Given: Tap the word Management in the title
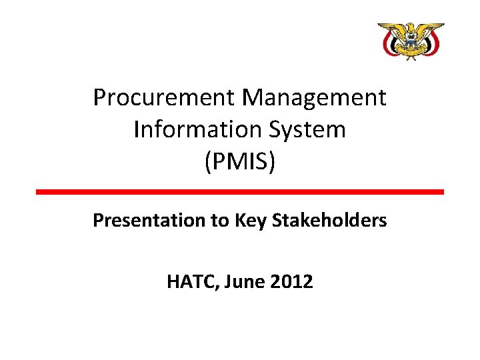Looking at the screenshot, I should point(314,98).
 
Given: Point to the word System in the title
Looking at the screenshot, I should point(313,129).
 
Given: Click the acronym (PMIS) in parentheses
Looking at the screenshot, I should point(240,161).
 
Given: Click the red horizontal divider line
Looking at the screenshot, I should point(240,192).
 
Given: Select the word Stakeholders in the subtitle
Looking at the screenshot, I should point(330,221).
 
